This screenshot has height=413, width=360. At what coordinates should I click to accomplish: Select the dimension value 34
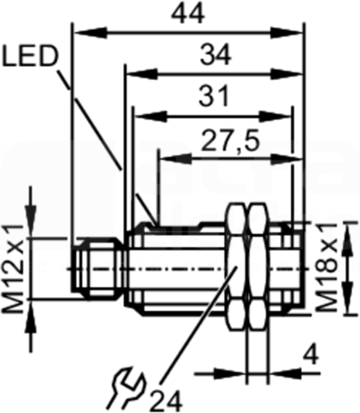tap(216, 54)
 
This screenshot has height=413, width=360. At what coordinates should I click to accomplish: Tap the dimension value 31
tap(214, 96)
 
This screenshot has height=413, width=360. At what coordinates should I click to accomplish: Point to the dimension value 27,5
tap(230, 141)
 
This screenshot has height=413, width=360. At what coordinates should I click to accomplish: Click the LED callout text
tap(29, 57)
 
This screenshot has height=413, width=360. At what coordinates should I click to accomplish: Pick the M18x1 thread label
tap(327, 268)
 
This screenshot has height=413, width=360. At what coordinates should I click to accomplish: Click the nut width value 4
tap(311, 356)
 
